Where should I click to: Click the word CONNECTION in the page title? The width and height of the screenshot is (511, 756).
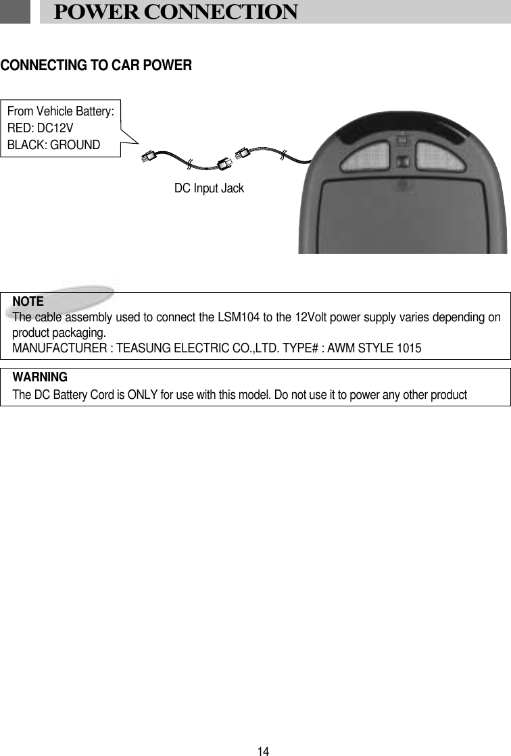[221, 12]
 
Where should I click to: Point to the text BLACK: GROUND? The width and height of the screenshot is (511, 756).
[53, 144]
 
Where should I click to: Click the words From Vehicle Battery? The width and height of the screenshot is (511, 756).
[60, 111]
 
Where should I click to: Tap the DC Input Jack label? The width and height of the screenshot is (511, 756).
[209, 189]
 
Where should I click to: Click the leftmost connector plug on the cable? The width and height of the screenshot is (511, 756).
[148, 158]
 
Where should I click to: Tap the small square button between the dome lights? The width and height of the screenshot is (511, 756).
[402, 162]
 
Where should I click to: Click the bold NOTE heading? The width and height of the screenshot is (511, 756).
[28, 301]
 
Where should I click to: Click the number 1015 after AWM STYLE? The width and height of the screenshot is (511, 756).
[409, 348]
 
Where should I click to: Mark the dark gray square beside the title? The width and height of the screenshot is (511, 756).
[15, 11]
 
